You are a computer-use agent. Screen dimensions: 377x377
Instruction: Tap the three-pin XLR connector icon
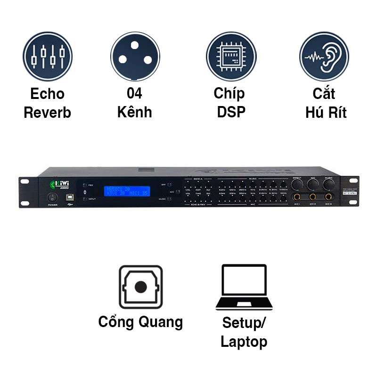tap(135, 57)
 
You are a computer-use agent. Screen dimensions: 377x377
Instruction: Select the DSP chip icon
tap(231, 57)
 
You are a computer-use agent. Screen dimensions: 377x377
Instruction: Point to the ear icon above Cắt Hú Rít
tap(324, 57)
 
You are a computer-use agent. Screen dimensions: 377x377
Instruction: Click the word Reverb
tap(47, 113)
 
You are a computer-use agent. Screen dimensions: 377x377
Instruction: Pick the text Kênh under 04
tap(135, 113)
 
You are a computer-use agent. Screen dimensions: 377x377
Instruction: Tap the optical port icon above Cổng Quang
tap(140, 287)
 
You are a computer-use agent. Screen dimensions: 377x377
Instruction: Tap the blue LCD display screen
tap(127, 191)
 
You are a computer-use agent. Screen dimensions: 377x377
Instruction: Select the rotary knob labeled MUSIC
tap(328, 184)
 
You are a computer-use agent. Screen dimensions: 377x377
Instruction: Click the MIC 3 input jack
tap(328, 197)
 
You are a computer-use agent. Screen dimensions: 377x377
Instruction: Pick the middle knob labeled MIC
tap(313, 184)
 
